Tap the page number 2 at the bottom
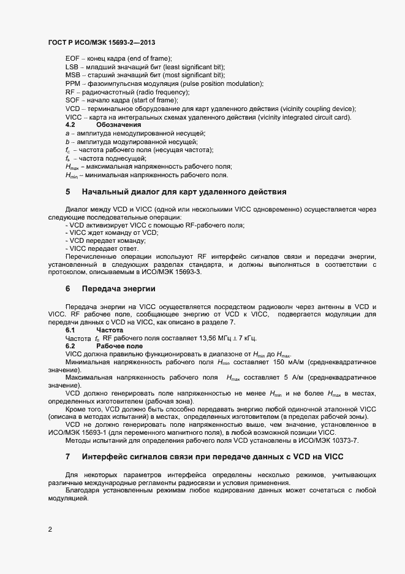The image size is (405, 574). (50, 529)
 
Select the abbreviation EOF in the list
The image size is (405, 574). (72, 58)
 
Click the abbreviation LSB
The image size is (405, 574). (72, 66)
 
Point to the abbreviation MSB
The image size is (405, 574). (72, 75)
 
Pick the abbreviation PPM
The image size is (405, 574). (72, 83)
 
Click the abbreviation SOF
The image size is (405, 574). (72, 100)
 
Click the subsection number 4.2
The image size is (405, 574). (70, 124)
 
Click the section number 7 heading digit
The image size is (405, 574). (68, 457)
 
